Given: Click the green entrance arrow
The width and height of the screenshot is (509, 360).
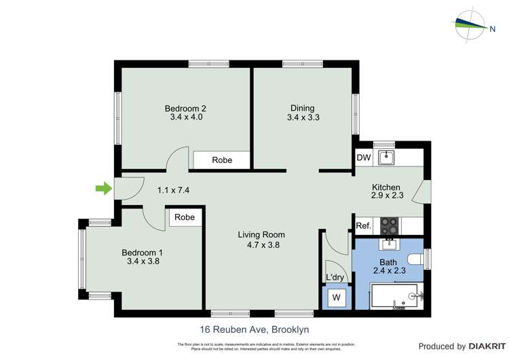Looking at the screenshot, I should [x=103, y=189].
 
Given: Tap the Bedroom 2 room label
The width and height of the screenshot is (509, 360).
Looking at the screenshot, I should [x=185, y=108].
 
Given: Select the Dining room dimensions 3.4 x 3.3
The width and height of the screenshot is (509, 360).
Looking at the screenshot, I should [x=303, y=118].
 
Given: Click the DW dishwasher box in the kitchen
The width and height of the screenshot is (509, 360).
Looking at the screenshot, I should [x=364, y=158].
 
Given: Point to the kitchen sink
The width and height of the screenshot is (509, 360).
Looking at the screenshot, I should [x=386, y=158].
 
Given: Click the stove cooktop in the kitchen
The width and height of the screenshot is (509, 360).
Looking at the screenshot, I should [x=390, y=225].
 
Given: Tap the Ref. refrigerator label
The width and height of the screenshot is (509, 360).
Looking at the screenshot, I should [x=364, y=226].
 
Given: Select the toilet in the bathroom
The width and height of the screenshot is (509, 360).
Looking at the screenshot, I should [x=416, y=259].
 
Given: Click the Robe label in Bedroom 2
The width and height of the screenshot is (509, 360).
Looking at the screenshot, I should [x=222, y=160].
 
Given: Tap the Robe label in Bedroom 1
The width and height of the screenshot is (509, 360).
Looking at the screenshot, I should [x=185, y=217].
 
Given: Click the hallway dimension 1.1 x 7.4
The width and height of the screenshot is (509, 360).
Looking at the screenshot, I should [x=173, y=190].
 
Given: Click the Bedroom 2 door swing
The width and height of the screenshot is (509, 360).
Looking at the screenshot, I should [x=177, y=158].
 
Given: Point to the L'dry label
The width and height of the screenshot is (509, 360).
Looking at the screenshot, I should [x=336, y=277].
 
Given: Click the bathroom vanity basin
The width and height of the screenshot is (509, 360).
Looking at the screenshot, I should [x=390, y=245].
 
